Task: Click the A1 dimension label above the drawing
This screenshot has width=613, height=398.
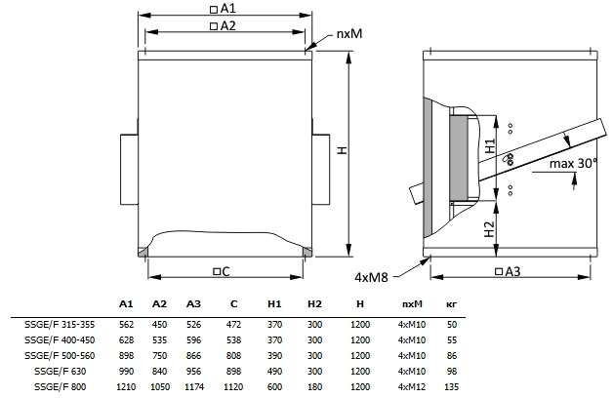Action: coord(227,8)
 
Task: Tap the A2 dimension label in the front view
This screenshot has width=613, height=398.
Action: coord(227,25)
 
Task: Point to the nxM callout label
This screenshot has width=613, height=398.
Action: coord(350,33)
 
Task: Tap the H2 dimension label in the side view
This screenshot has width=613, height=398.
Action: coord(491,229)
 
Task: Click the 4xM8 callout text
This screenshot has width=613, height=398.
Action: coord(372,277)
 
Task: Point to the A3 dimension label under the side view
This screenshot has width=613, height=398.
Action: coord(507,270)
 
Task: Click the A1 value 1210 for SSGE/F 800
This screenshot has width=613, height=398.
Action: coord(126,387)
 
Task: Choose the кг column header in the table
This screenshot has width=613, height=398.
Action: coord(451,304)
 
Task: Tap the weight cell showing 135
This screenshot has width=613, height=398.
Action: coord(451,387)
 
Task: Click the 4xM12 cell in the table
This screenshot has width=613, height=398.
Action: coord(410,387)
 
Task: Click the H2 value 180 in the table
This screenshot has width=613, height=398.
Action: coord(314,387)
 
